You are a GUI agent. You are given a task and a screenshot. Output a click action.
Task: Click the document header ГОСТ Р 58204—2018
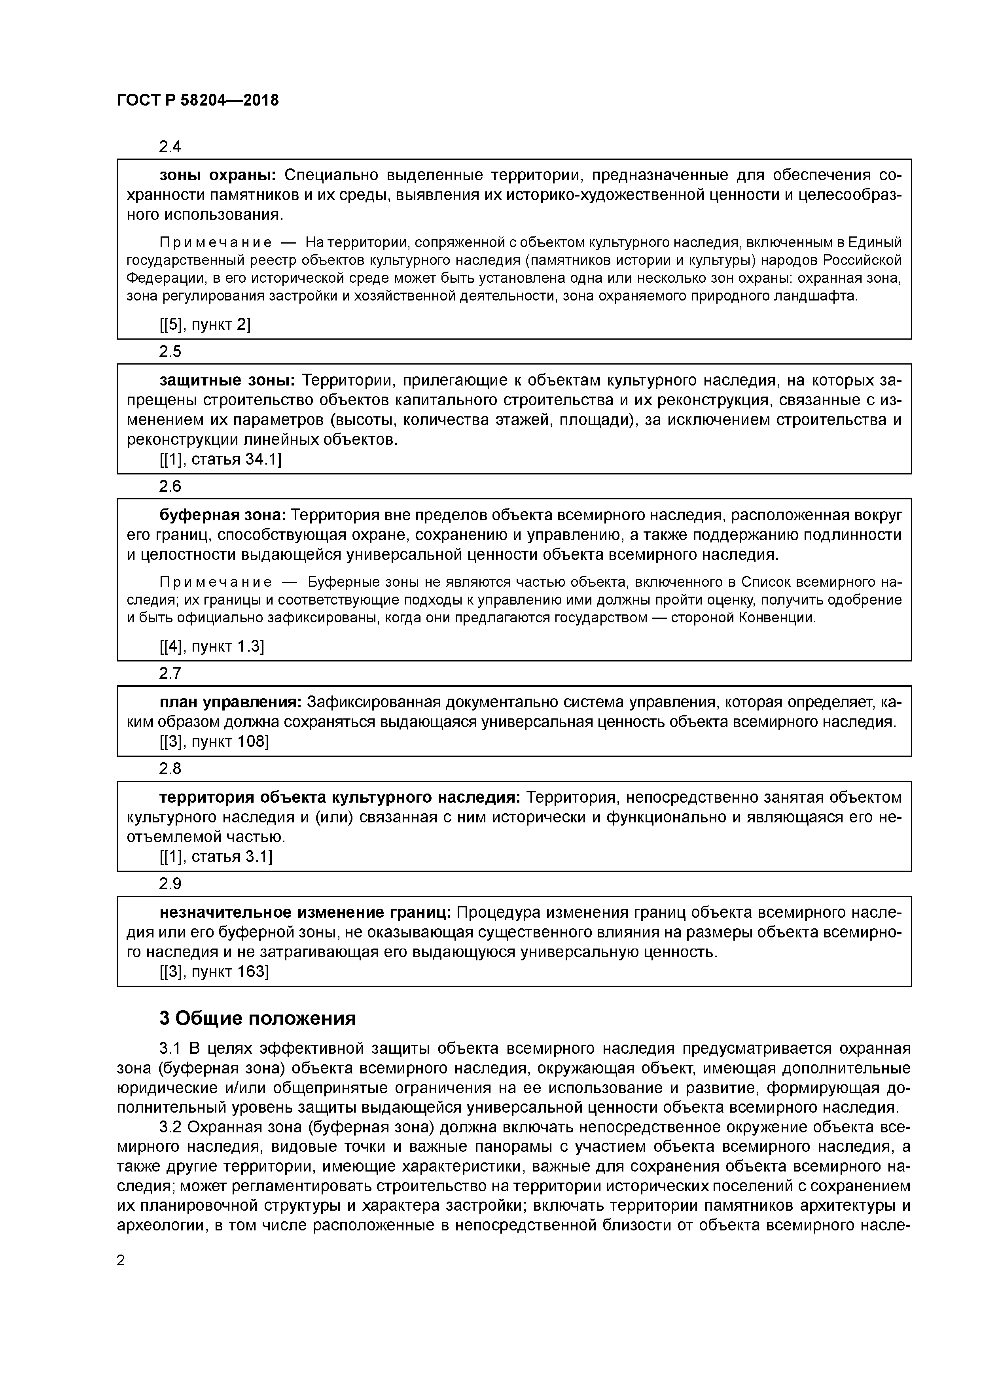[x=198, y=100]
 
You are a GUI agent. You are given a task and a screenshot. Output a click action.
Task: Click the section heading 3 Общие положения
[x=258, y=1019]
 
